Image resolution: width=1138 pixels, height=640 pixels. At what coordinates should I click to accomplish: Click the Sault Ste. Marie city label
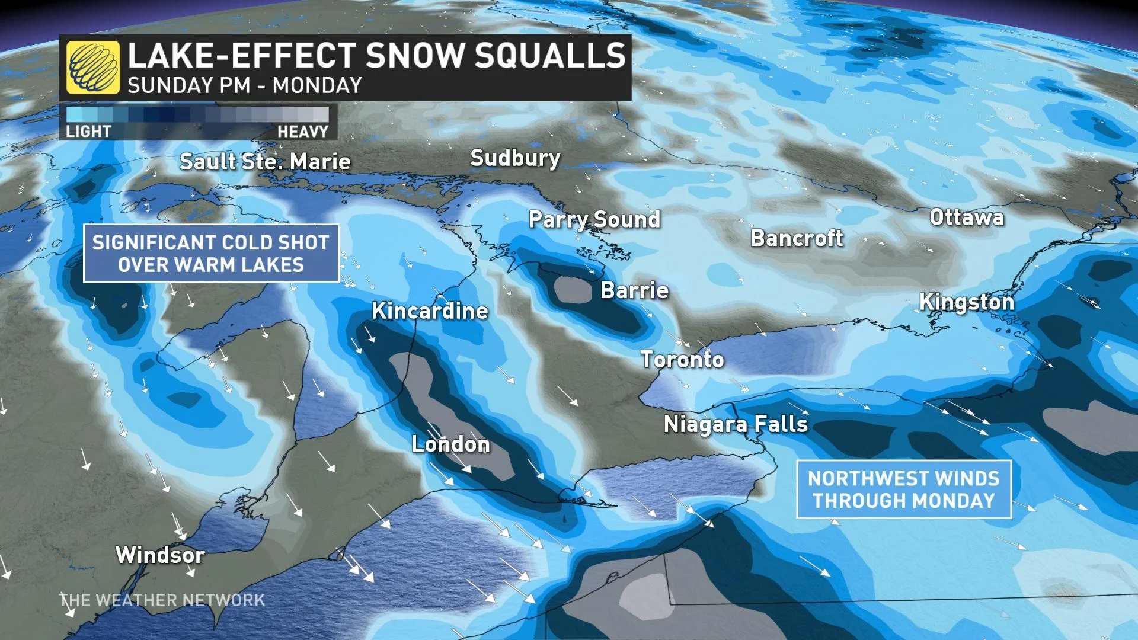click(265, 162)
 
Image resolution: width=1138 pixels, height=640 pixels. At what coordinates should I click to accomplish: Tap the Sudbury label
click(515, 158)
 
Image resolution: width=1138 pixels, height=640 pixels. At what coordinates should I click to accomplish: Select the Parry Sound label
click(594, 220)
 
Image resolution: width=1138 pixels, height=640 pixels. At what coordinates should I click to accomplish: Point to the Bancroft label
click(797, 238)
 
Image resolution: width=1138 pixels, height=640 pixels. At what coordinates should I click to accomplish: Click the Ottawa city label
click(967, 217)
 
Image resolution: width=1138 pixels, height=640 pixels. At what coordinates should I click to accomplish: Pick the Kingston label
click(967, 302)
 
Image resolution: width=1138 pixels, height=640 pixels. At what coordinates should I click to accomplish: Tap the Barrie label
click(635, 290)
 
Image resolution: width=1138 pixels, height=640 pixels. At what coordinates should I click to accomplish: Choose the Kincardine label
click(430, 311)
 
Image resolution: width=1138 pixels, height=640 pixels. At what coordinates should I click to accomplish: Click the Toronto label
click(682, 360)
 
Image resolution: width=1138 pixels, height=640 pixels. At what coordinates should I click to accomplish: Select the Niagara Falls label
click(736, 424)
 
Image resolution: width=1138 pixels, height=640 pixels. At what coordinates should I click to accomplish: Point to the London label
click(451, 444)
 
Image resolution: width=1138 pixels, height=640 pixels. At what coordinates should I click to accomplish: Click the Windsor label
click(161, 555)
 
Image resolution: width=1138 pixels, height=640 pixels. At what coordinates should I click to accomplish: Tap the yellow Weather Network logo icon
click(93, 68)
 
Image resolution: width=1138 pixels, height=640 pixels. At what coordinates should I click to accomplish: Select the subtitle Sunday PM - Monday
click(245, 86)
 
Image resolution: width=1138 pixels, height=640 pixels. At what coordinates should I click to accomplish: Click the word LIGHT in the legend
click(88, 132)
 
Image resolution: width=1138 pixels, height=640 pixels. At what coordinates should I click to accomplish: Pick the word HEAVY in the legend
click(303, 132)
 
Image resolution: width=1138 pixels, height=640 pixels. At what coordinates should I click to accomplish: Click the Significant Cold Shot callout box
click(211, 254)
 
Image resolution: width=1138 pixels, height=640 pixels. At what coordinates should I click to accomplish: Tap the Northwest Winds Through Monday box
click(903, 489)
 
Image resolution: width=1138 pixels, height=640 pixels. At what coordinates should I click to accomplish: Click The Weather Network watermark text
click(162, 600)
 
